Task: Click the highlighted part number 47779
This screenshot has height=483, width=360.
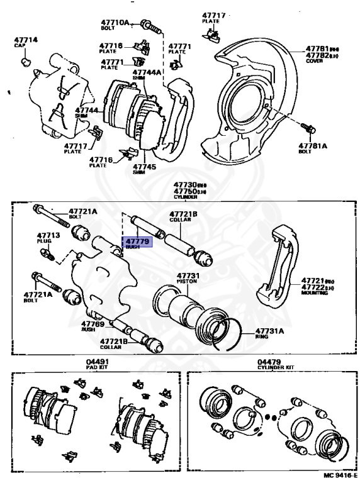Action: tap(137, 241)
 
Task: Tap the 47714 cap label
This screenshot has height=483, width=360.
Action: tap(26, 40)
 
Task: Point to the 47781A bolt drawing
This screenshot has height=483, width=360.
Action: tap(308, 128)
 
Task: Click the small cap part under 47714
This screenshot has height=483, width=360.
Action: tap(26, 62)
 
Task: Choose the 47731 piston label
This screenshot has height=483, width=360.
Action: tap(188, 276)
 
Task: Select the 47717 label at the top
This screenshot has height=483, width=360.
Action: tap(212, 14)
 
